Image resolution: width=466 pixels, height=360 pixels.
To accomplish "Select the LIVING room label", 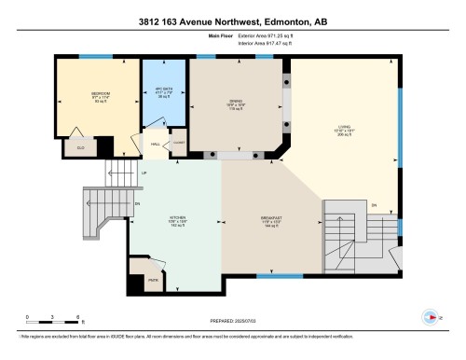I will pyautogui.click(x=347, y=132).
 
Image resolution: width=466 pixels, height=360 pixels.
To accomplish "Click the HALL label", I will pyautogui.click(x=155, y=144).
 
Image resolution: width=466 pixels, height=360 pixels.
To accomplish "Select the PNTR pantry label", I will pyautogui.click(x=152, y=277).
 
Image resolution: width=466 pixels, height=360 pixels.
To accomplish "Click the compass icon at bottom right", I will pyautogui.click(x=430, y=317).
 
